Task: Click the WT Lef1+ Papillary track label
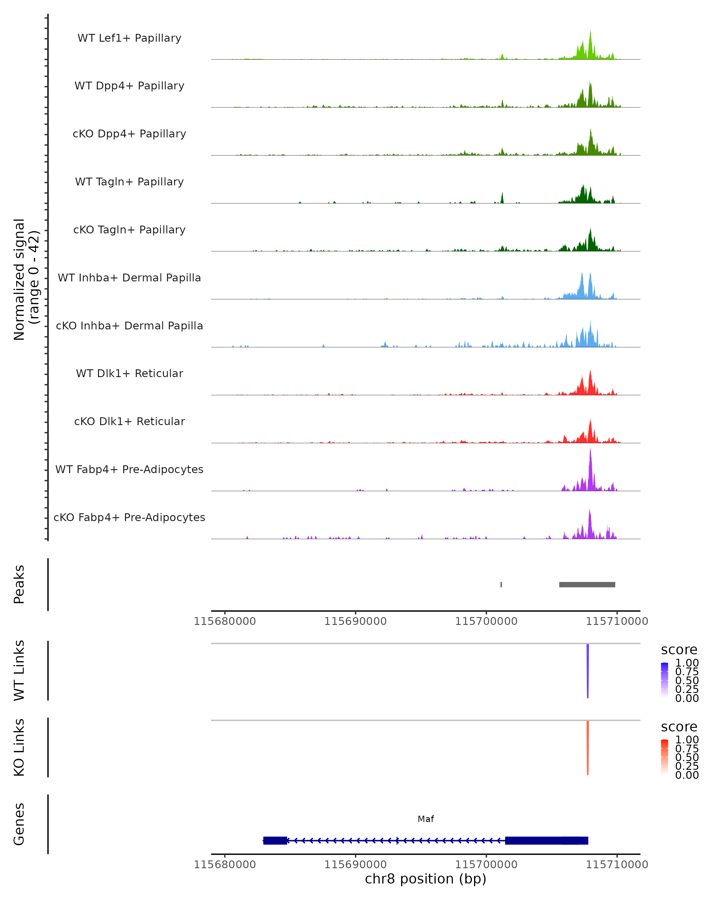tap(129, 38)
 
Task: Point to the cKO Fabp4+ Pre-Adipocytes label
tap(129, 517)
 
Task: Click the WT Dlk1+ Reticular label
tap(129, 373)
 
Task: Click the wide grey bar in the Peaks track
tap(587, 584)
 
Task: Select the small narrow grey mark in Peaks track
tap(501, 584)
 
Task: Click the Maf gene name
tap(426, 819)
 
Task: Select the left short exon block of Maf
tap(275, 840)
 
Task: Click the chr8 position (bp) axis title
tap(425, 879)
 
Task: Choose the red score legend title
tap(679, 727)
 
